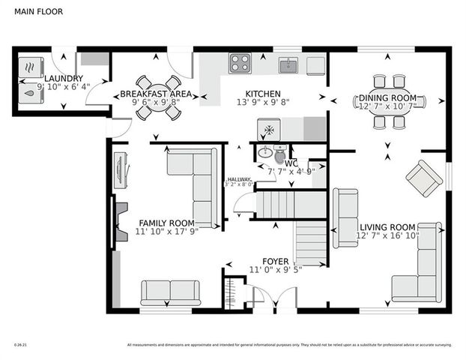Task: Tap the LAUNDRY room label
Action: click(64, 78)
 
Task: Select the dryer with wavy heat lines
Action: click(31, 67)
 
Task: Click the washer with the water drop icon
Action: click(31, 93)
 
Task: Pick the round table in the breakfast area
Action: click(158, 98)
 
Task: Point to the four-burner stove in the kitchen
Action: click(240, 64)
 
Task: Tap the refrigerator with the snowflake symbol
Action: click(269, 129)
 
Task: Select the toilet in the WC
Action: click(279, 157)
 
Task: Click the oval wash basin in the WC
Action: click(264, 154)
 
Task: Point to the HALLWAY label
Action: click(238, 179)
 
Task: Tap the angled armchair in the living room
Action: click(423, 178)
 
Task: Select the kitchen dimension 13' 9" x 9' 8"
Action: click(263, 103)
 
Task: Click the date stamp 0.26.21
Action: click(20, 345)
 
